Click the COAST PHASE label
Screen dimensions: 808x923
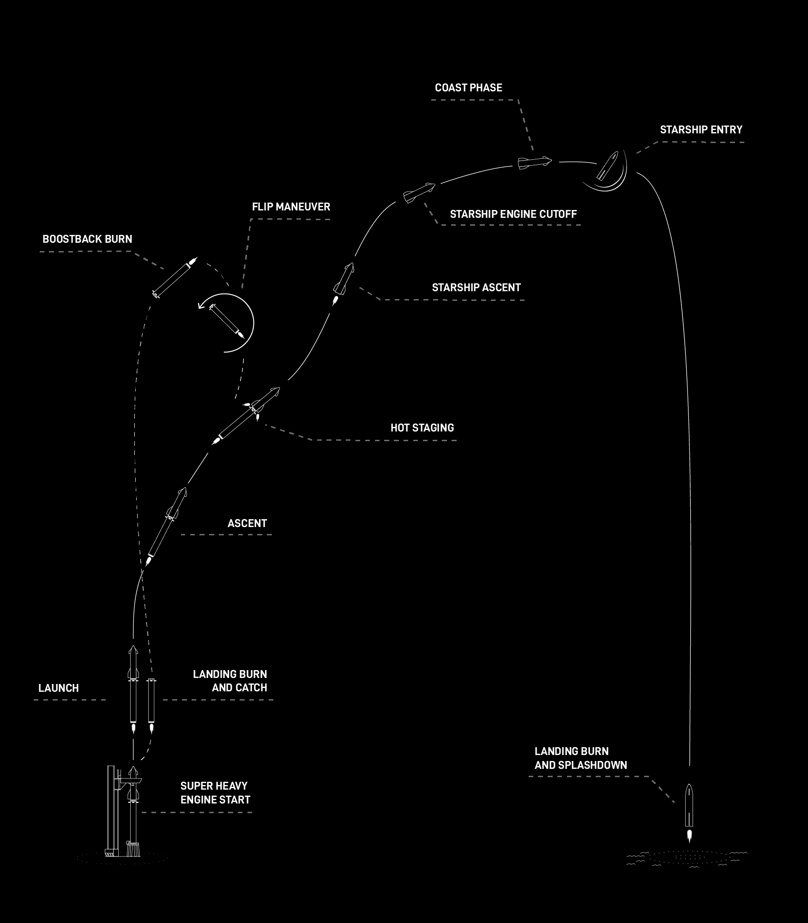point(468,88)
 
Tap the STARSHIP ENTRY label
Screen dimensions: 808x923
point(701,130)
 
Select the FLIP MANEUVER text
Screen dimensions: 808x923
point(291,207)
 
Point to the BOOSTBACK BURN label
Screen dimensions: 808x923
point(87,239)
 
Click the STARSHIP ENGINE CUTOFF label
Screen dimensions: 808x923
point(513,214)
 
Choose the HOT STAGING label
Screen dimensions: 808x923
point(422,428)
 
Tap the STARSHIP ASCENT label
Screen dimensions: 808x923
point(476,288)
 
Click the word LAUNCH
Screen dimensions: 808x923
point(59,688)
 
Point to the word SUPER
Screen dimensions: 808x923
point(196,786)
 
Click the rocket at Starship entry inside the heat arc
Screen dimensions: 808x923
point(607,165)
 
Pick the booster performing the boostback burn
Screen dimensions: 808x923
point(175,277)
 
